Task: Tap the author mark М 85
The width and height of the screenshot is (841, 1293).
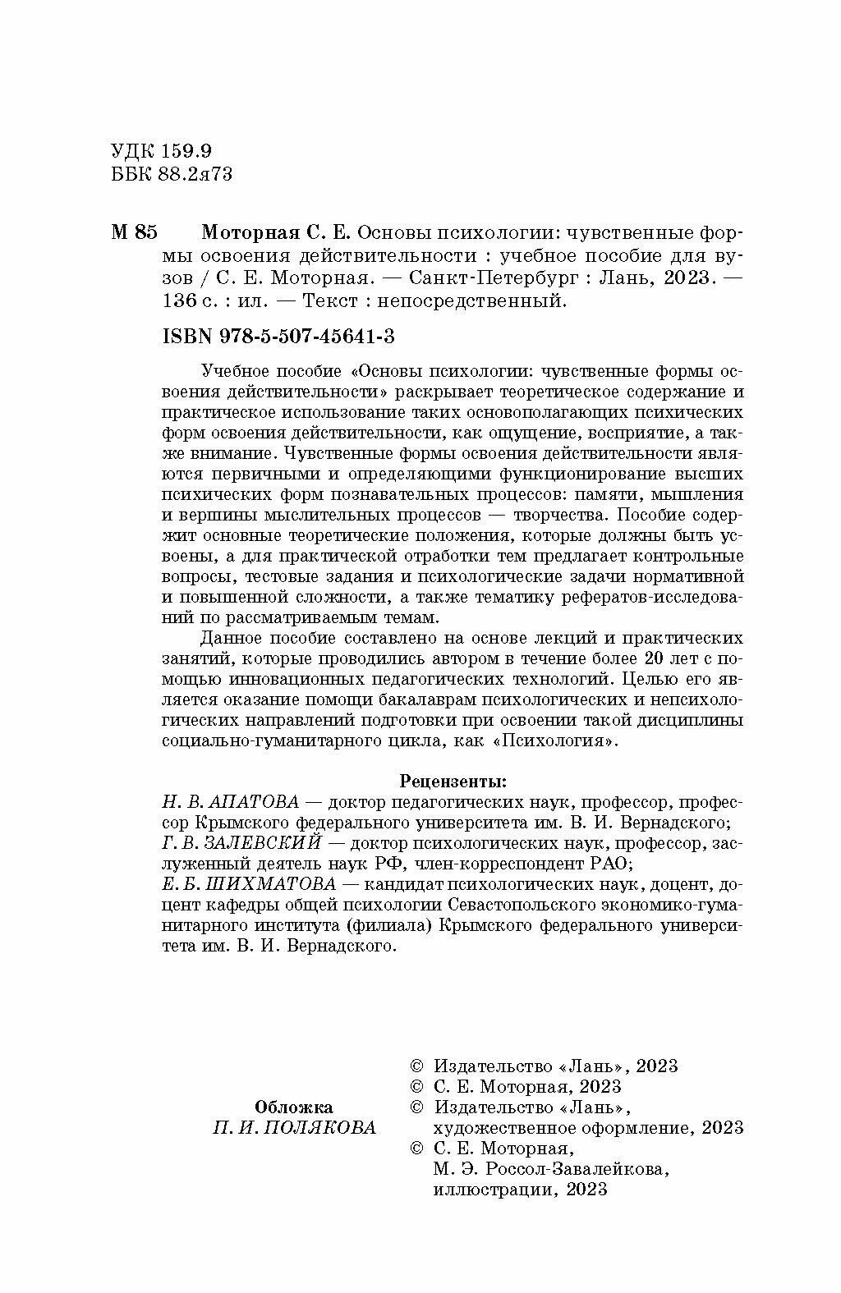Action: point(132,232)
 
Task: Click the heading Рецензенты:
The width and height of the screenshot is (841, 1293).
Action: point(453,778)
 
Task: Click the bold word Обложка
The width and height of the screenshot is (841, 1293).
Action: point(293,1106)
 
